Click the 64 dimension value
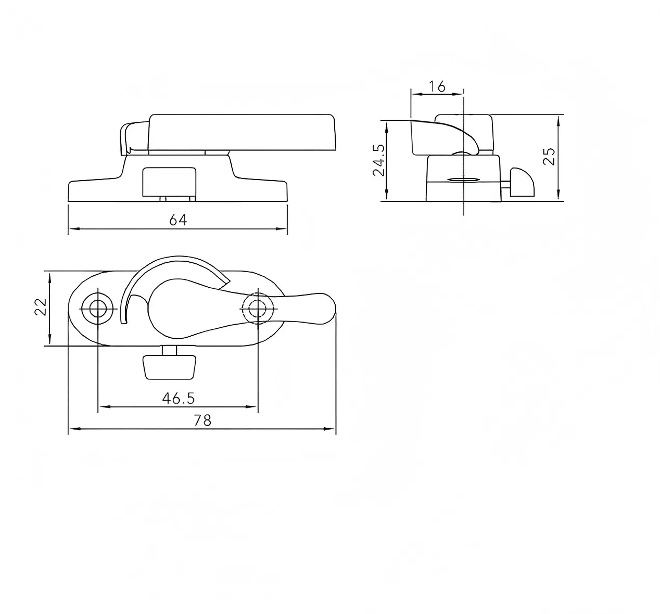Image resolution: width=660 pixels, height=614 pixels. tap(178, 220)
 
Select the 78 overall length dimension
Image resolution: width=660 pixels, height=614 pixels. tap(202, 420)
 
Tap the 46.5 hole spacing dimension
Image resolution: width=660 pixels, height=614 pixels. tap(179, 398)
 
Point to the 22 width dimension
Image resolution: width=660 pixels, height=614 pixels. tap(41, 307)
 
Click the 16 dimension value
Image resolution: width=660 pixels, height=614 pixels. tap(437, 87)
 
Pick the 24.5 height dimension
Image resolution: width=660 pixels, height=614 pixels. tap(379, 160)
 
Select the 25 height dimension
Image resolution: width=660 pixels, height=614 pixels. tap(549, 157)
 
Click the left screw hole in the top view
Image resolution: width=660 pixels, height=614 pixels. tap(98, 309)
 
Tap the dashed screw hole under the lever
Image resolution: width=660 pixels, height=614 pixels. tap(258, 309)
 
